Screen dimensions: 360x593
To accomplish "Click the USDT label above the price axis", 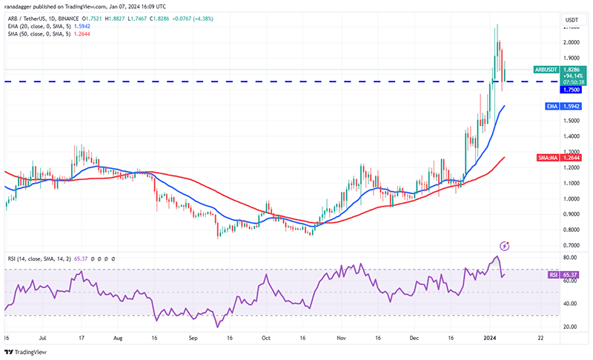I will [572, 19].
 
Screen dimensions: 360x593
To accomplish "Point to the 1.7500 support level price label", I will [572, 89].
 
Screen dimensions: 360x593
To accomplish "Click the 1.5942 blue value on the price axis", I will [572, 107].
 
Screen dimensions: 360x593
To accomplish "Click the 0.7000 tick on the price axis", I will [572, 245].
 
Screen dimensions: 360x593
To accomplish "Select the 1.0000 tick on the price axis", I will [572, 199].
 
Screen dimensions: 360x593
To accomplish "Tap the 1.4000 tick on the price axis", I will [572, 136].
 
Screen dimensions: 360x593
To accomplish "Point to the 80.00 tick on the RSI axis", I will [570, 258].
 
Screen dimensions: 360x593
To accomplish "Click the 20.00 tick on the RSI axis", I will [570, 327].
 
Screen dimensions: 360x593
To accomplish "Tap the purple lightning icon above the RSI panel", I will [506, 245].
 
